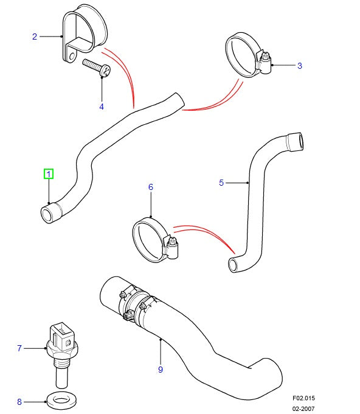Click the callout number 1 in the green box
click(x=49, y=174)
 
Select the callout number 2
click(x=35, y=37)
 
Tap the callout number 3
click(x=299, y=65)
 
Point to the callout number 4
click(x=102, y=107)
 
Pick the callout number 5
click(x=221, y=182)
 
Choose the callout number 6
click(x=151, y=187)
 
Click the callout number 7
click(x=19, y=348)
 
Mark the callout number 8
click(x=19, y=401)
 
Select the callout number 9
click(x=161, y=369)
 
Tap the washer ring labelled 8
click(x=58, y=401)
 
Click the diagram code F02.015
click(x=310, y=399)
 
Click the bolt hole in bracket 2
click(x=72, y=58)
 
